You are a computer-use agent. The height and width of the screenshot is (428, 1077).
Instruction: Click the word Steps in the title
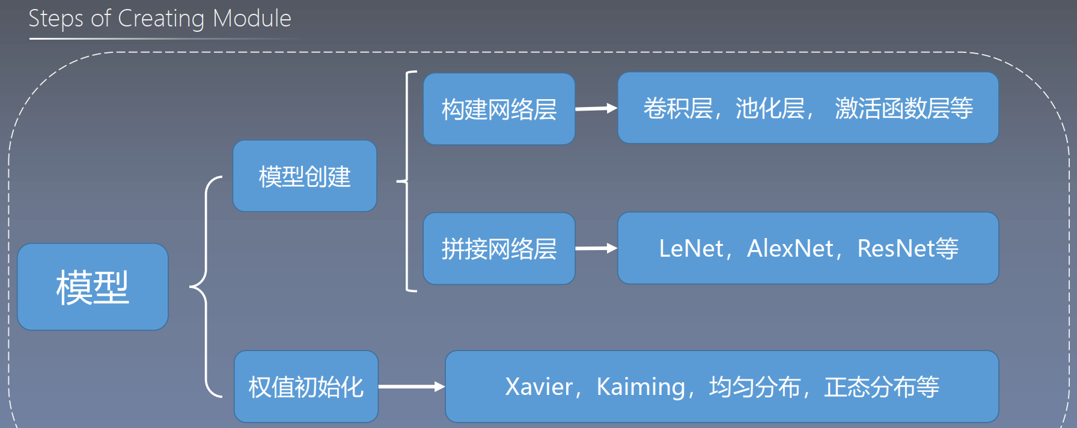pos(56,19)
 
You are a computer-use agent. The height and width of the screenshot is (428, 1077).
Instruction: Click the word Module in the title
pos(252,19)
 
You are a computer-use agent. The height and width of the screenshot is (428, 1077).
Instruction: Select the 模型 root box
pos(93,287)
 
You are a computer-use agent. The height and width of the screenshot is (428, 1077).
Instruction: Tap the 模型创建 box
pos(305,176)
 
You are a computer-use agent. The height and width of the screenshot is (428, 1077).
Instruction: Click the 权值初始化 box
pos(306,387)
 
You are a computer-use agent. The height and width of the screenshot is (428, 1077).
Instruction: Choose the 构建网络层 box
pos(499,109)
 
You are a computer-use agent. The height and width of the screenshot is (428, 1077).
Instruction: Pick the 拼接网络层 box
pos(499,248)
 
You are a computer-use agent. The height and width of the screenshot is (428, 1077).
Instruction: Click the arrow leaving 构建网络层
pos(596,109)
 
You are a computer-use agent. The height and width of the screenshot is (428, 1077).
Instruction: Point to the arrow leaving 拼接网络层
pos(596,248)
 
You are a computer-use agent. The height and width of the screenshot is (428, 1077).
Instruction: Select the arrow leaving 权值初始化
pos(411,387)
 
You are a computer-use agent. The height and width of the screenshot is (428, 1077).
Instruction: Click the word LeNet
pos(691,248)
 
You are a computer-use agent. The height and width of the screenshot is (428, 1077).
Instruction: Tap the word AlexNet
pos(790,248)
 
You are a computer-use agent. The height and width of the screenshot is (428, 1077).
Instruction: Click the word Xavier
pos(538,387)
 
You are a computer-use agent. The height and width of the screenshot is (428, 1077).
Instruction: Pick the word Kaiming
pos(641,387)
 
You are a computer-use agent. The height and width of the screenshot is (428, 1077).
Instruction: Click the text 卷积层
pos(678,108)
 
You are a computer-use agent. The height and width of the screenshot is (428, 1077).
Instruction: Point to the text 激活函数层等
pos(903,108)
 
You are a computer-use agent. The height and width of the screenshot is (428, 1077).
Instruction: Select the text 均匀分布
pos(755,387)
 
